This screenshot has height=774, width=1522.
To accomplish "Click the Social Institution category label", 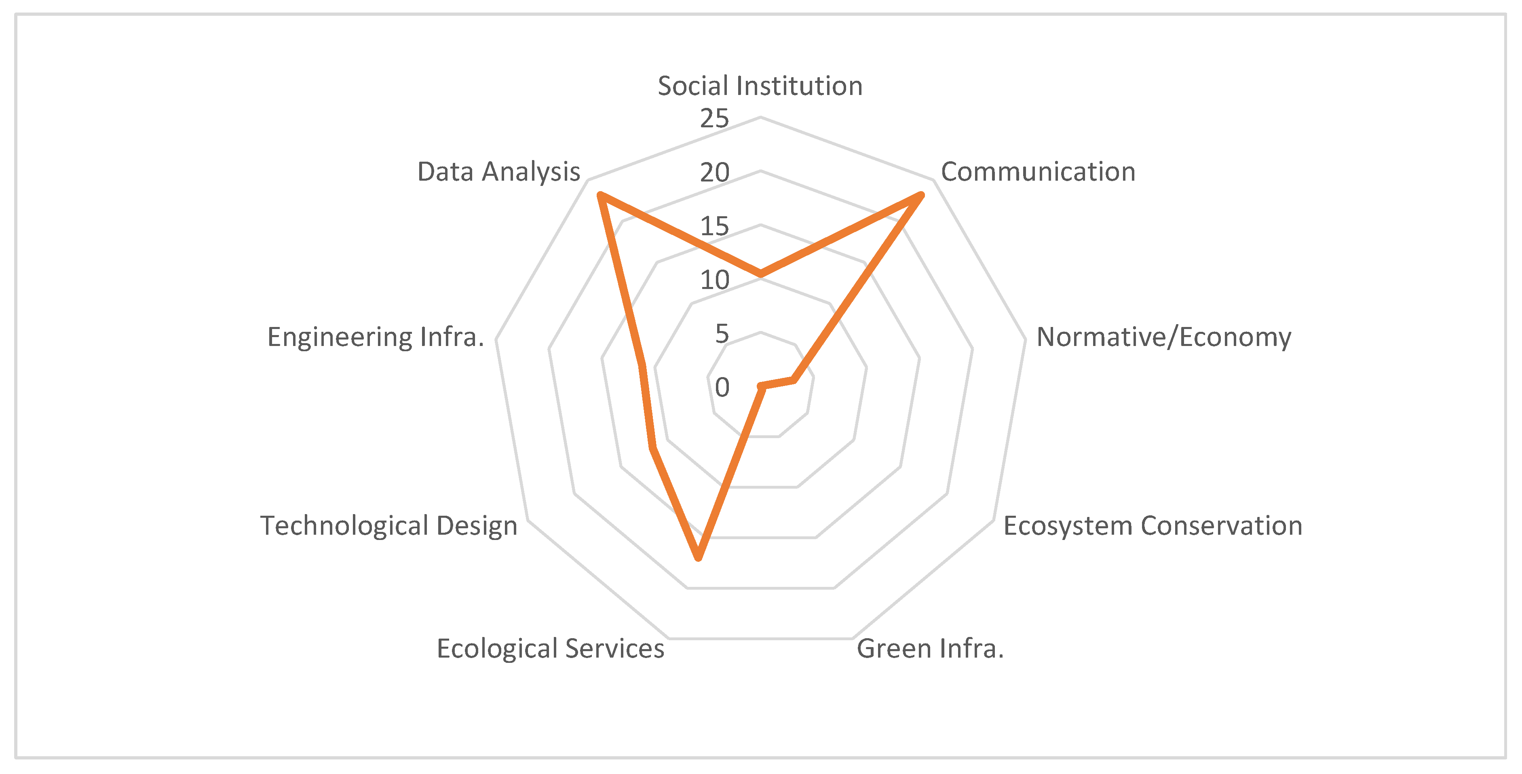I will pyautogui.click(x=760, y=86).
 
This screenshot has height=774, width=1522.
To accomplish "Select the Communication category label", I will pyautogui.click(x=1038, y=172).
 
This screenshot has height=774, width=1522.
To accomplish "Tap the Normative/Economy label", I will pyautogui.click(x=1163, y=337).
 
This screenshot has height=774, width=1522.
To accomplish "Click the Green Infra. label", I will pyautogui.click(x=930, y=649).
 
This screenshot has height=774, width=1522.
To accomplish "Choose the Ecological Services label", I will pyautogui.click(x=550, y=649).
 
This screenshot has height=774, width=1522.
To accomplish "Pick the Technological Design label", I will pyautogui.click(x=389, y=526).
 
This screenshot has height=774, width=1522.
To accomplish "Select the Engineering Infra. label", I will pyautogui.click(x=376, y=337).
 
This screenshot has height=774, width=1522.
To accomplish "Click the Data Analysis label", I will pyautogui.click(x=499, y=172).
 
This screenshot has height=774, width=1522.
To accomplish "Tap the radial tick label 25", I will pyautogui.click(x=714, y=119).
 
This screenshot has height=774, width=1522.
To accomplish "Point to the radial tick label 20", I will pyautogui.click(x=714, y=173).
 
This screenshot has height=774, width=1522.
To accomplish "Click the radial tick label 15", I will pyautogui.click(x=714, y=226).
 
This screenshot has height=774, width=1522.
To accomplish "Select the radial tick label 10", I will pyautogui.click(x=714, y=280).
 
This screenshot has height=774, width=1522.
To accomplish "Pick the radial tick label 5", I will pyautogui.click(x=722, y=334).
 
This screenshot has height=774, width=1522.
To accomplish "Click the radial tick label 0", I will pyautogui.click(x=722, y=388).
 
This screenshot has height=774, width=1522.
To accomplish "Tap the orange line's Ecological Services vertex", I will pyautogui.click(x=699, y=557).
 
